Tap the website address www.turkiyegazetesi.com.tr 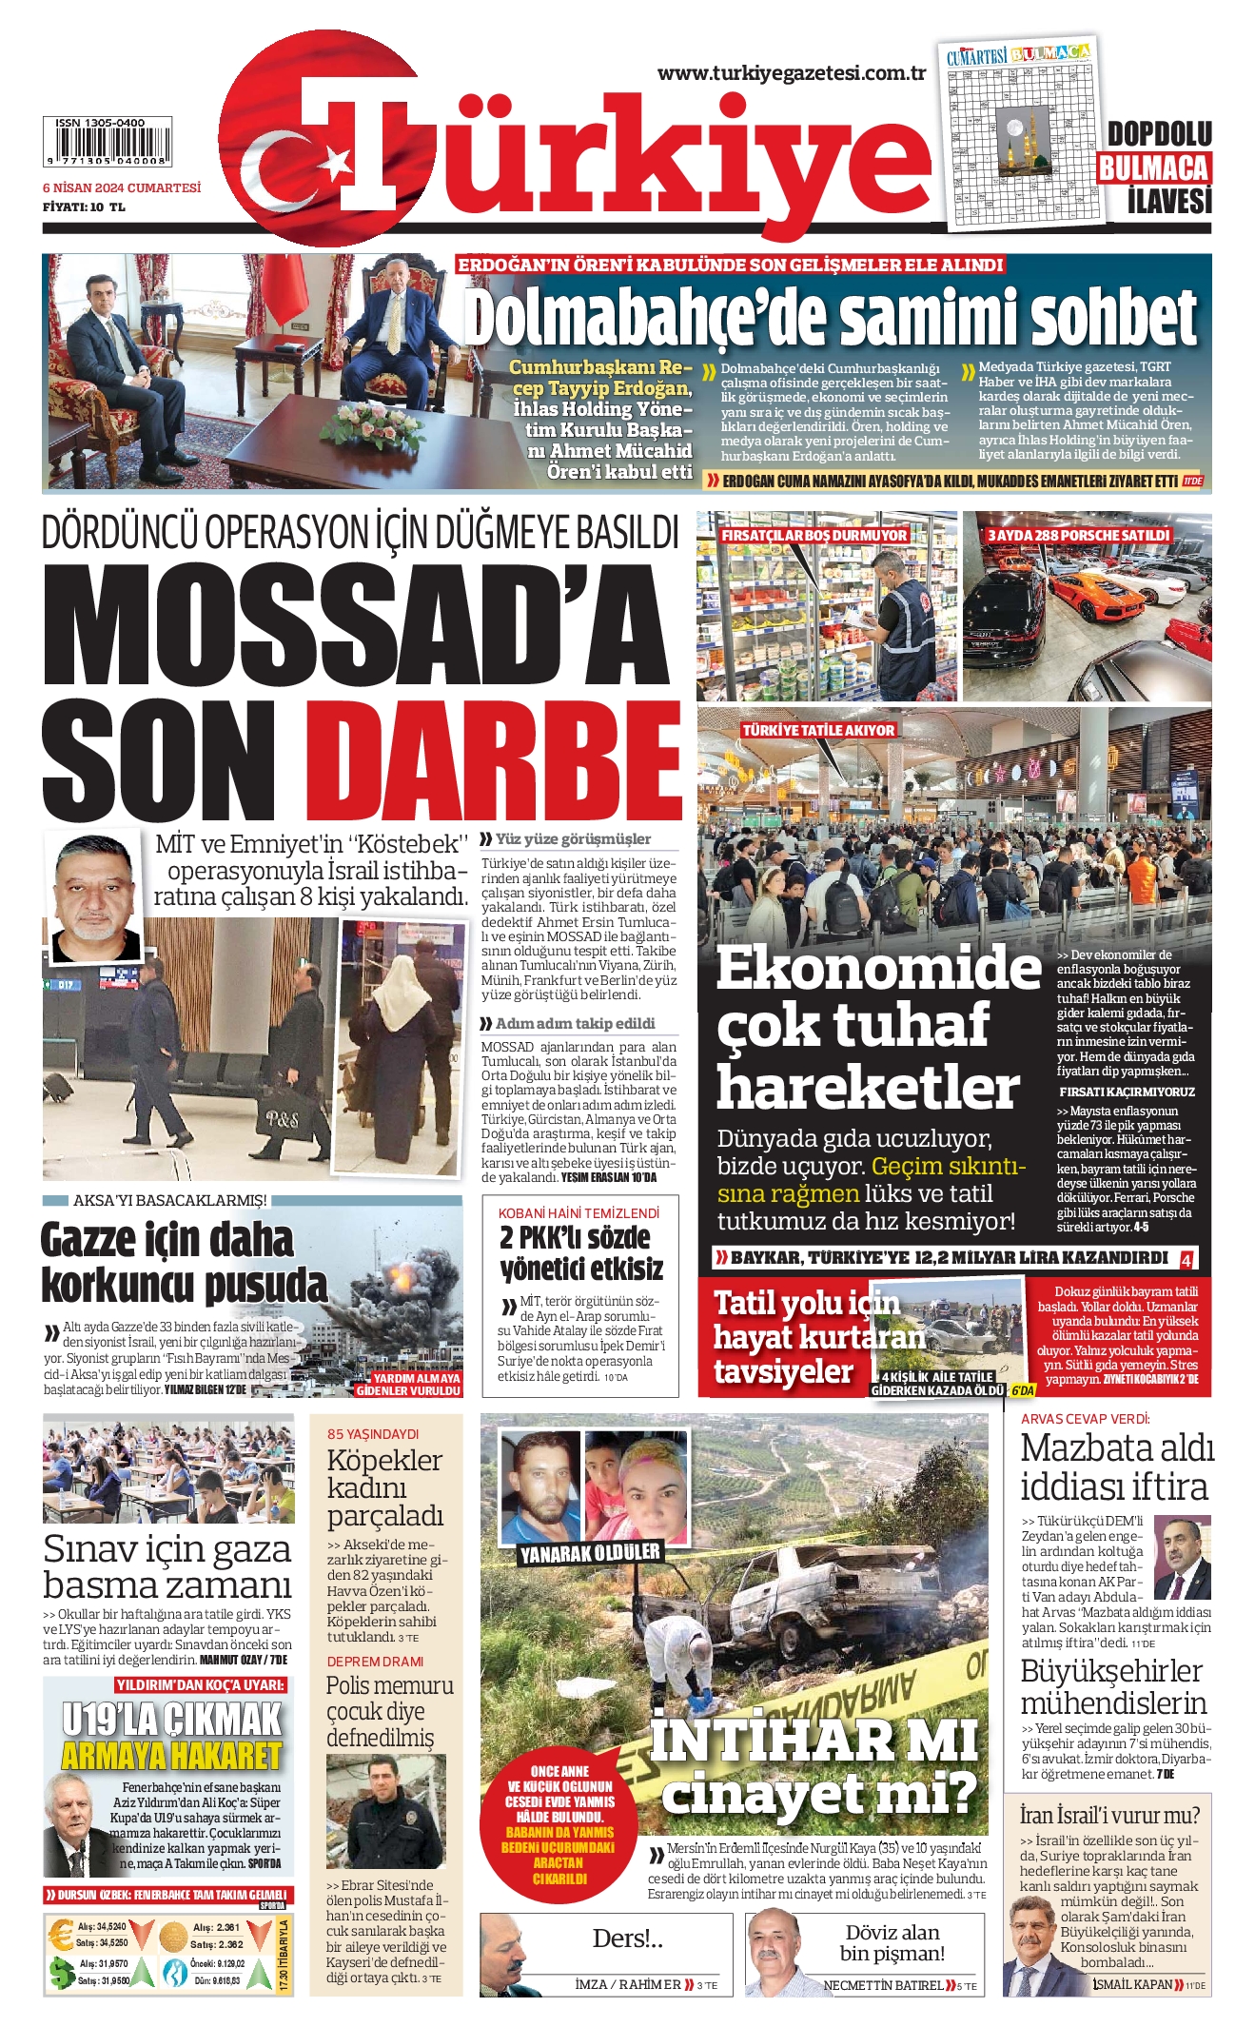click(x=792, y=73)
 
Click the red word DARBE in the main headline click(x=493, y=764)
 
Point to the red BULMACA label click(x=1153, y=168)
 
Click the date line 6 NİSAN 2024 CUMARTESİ click(x=122, y=188)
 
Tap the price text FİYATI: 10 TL click(x=85, y=207)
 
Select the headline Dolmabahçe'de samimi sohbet click(x=830, y=318)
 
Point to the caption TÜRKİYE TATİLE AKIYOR click(x=818, y=730)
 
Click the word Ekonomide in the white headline click(x=878, y=968)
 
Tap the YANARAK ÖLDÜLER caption click(x=590, y=1553)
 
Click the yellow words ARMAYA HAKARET click(x=172, y=1755)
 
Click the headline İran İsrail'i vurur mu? click(x=1109, y=1814)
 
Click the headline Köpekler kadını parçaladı click(x=384, y=1487)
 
